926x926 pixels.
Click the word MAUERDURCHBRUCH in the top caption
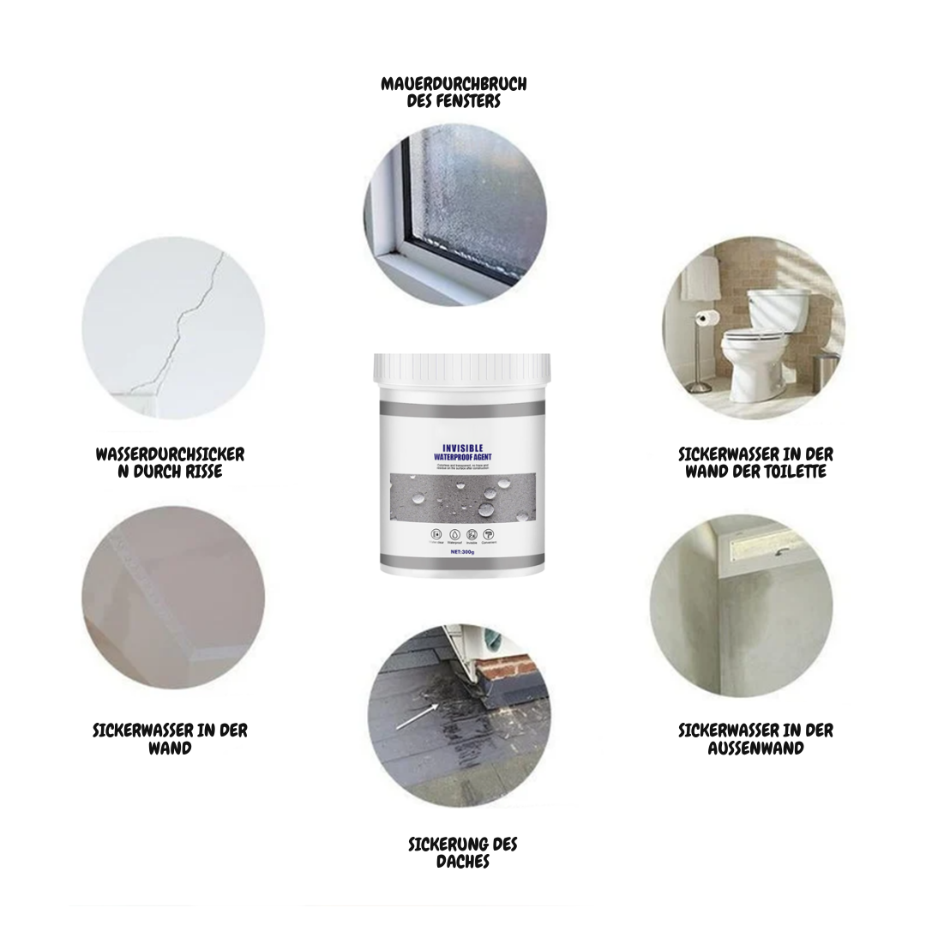[454, 84]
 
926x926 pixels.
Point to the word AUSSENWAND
[755, 748]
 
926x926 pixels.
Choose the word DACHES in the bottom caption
[462, 861]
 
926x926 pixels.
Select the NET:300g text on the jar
[461, 553]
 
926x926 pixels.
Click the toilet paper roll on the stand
[706, 318]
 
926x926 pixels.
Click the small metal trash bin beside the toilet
[824, 370]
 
